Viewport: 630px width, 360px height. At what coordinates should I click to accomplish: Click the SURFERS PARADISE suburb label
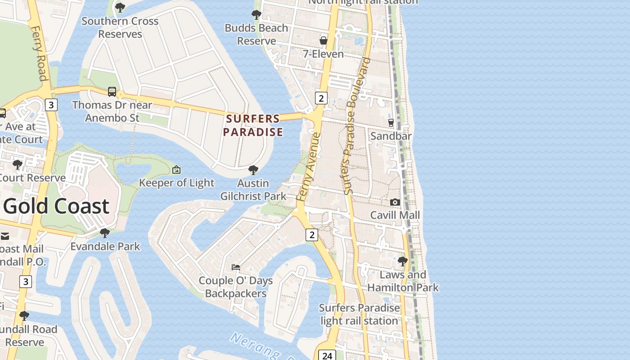click(x=253, y=125)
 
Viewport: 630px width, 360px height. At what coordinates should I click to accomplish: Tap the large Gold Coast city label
click(x=57, y=206)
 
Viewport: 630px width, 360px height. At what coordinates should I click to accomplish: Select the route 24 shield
click(x=327, y=355)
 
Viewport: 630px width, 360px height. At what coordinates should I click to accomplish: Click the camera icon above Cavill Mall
click(x=395, y=202)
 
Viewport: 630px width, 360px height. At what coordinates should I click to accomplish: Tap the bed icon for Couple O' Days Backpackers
click(x=236, y=267)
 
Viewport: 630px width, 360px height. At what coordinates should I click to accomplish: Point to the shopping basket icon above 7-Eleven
click(x=323, y=41)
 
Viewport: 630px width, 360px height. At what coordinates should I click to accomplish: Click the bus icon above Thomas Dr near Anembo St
click(x=112, y=92)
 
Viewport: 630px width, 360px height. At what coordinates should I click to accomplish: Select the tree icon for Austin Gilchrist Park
click(x=253, y=170)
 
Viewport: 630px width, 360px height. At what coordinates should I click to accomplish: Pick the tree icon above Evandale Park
click(x=105, y=233)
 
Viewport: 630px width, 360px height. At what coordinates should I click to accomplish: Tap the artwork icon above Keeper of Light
click(x=176, y=170)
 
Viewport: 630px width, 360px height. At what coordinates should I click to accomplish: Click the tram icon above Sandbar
click(x=391, y=122)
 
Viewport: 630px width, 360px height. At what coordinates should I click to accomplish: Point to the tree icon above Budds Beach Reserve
click(x=256, y=14)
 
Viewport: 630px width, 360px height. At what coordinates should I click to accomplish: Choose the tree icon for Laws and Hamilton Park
click(x=403, y=261)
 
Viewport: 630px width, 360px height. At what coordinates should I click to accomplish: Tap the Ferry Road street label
click(x=39, y=53)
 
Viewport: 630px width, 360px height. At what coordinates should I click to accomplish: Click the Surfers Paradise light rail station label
click(x=359, y=314)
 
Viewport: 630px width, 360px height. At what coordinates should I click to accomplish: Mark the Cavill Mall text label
click(x=395, y=215)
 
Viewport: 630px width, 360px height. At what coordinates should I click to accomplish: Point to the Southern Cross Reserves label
click(x=120, y=27)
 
